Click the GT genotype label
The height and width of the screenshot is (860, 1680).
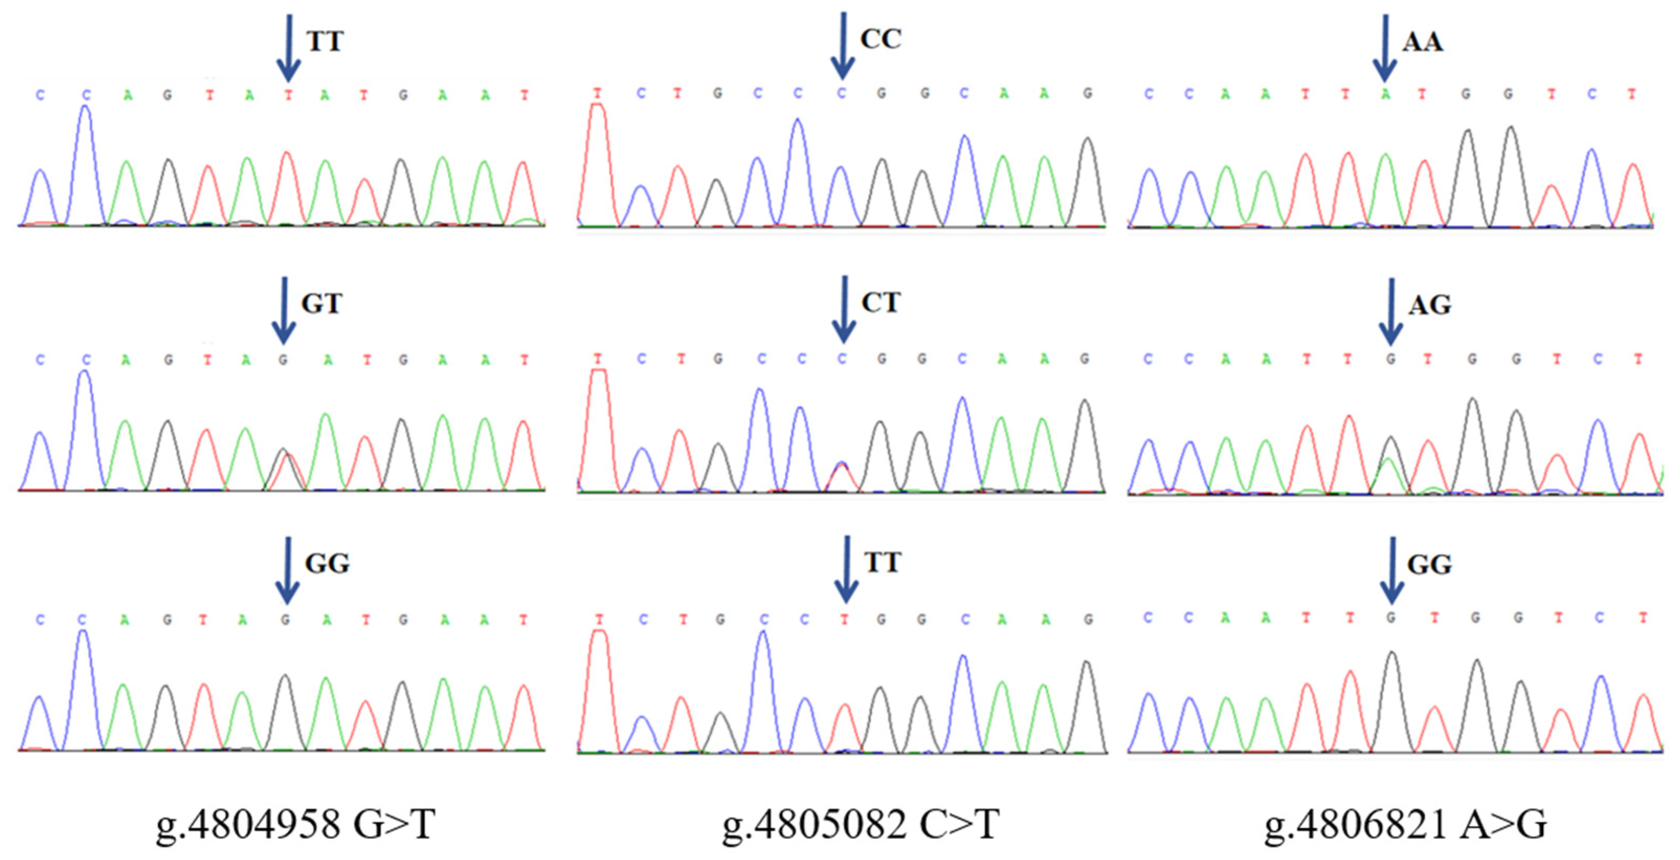pyautogui.click(x=321, y=304)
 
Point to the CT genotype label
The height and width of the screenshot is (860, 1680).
pyautogui.click(x=881, y=303)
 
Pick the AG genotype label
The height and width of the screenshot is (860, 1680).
pyautogui.click(x=1429, y=305)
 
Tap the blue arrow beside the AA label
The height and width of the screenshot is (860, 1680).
pyautogui.click(x=1385, y=48)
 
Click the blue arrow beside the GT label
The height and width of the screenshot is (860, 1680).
pyautogui.click(x=283, y=310)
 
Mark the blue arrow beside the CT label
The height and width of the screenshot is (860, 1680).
pyautogui.click(x=844, y=309)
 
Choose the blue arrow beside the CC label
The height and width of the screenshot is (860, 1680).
pyautogui.click(x=843, y=46)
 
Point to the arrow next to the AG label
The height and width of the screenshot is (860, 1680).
pyautogui.click(x=1391, y=312)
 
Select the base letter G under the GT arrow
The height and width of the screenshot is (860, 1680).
pyautogui.click(x=283, y=360)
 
